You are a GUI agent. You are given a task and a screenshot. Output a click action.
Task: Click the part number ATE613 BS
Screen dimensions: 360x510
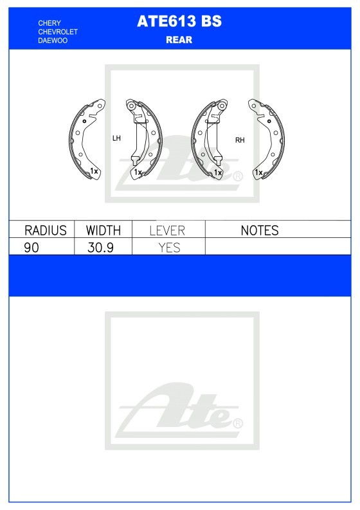[x=179, y=21]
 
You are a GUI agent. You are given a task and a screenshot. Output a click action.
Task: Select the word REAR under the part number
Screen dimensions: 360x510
[x=179, y=40]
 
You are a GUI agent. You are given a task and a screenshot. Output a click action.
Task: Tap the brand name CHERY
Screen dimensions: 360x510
[x=50, y=23]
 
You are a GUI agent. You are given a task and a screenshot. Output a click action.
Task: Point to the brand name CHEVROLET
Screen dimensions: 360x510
[x=58, y=32]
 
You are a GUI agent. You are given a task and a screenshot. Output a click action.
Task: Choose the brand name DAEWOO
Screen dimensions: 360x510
[x=53, y=41]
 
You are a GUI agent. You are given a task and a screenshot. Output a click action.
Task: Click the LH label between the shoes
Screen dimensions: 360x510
[x=116, y=138]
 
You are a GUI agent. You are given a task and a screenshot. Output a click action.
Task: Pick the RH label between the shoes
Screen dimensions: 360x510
[x=240, y=140]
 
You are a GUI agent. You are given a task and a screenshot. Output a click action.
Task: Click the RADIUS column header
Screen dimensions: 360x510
[x=46, y=230]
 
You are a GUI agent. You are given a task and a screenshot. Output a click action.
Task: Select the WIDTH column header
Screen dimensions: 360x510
[x=104, y=230]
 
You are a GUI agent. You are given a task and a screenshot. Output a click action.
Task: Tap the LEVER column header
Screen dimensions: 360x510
[x=167, y=231]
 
